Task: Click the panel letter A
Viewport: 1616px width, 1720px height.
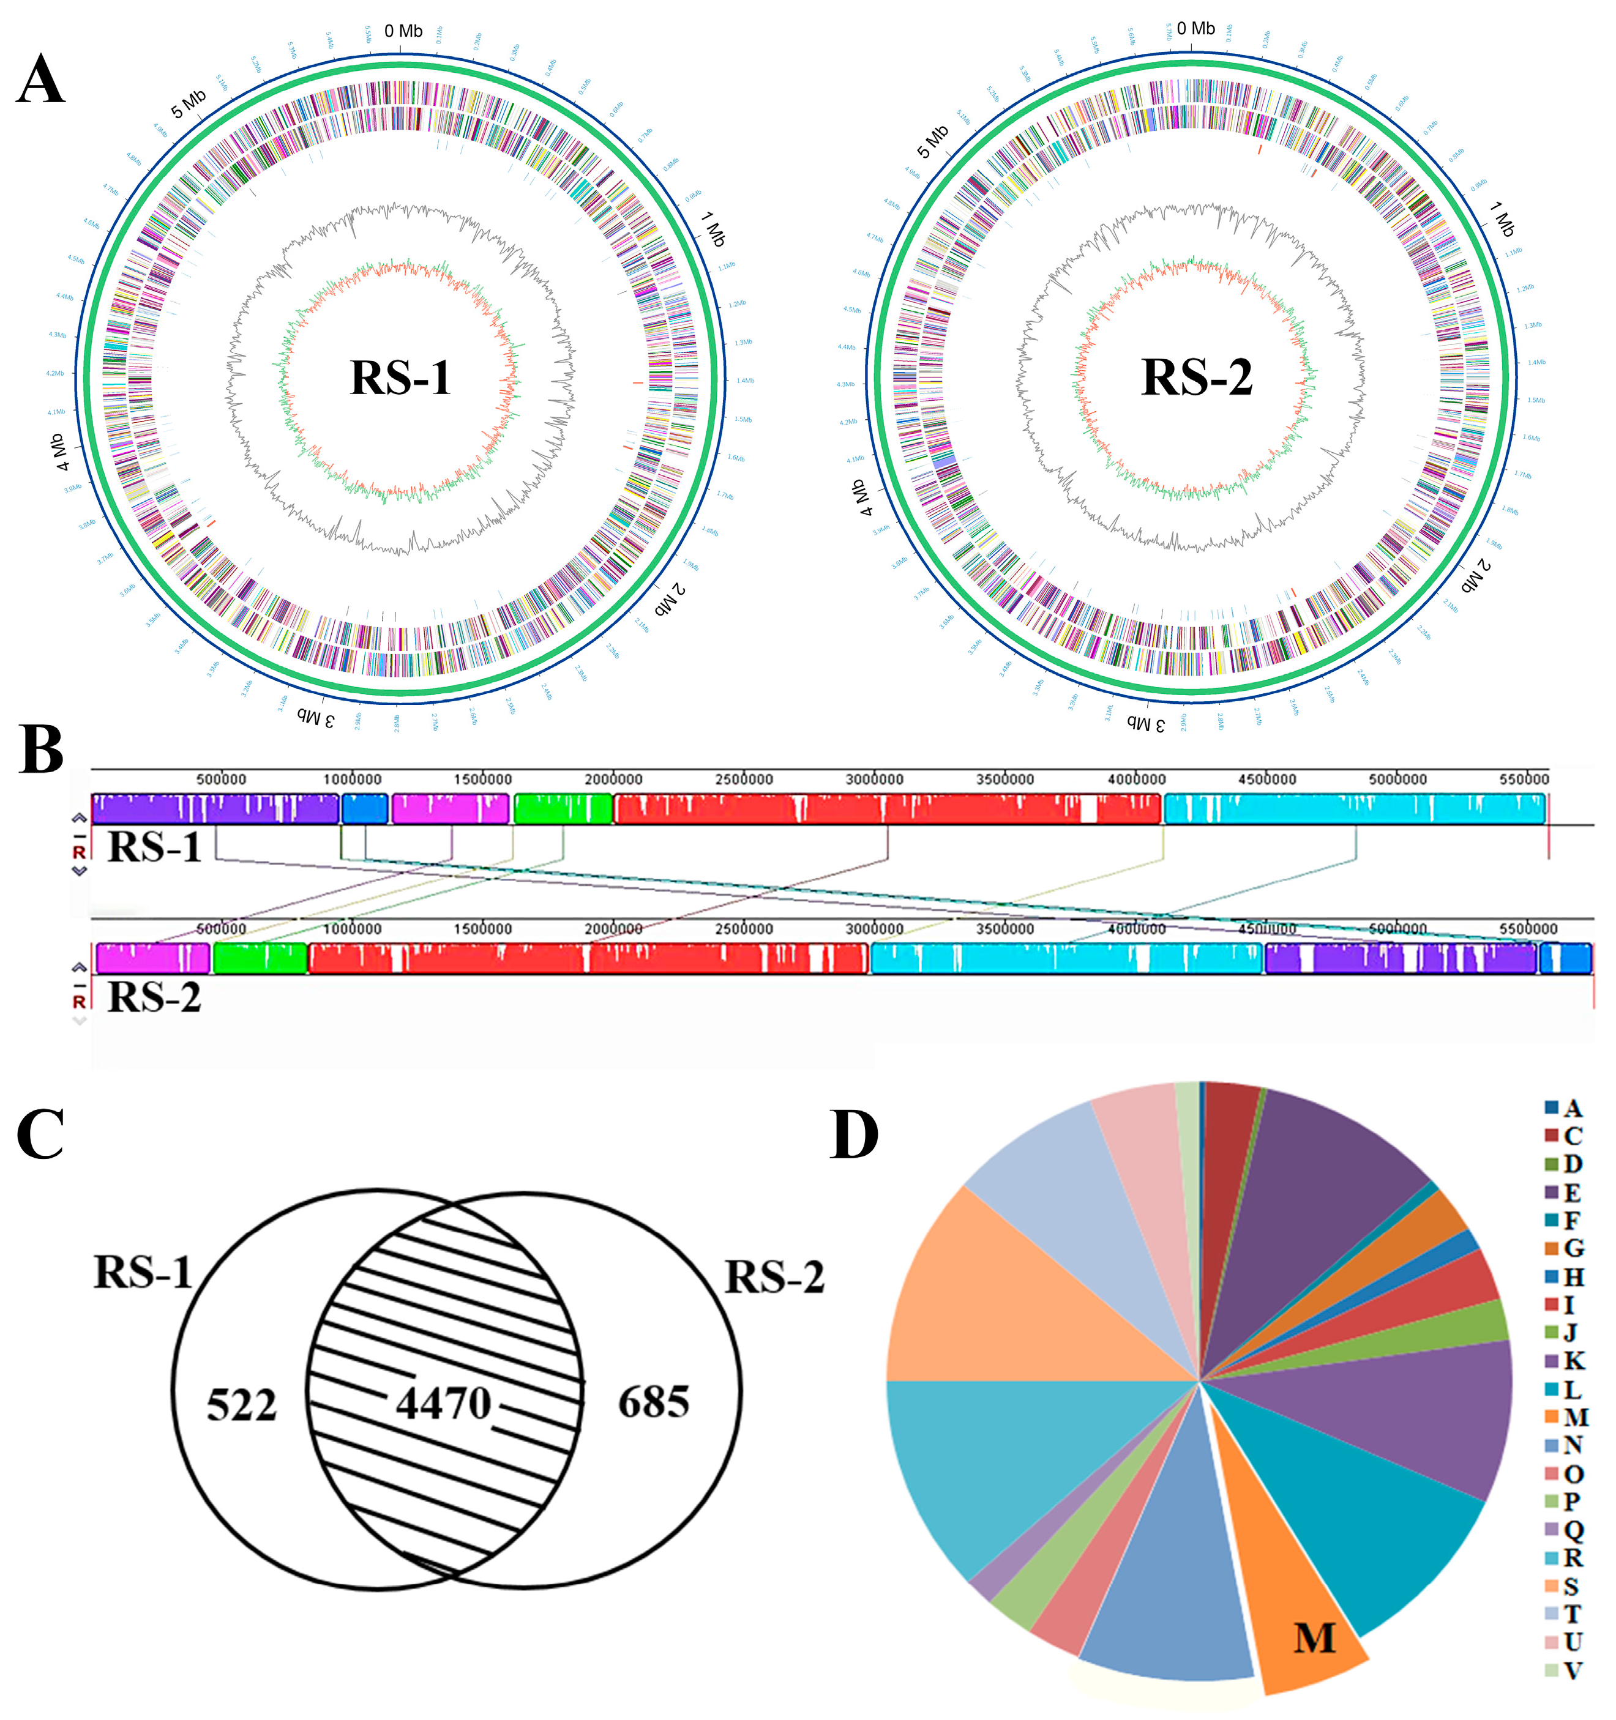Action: [x=40, y=81]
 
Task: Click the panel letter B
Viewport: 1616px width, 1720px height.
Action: [x=40, y=750]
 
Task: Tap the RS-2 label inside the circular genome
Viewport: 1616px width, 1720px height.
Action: [x=1197, y=378]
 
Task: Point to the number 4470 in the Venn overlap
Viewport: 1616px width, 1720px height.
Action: [x=443, y=1402]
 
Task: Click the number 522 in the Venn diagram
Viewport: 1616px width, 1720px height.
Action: [x=241, y=1405]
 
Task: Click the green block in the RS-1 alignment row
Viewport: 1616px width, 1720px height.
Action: [x=563, y=809]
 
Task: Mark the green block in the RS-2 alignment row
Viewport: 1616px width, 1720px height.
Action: [x=260, y=959]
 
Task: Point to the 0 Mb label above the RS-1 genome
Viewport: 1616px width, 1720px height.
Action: [x=403, y=31]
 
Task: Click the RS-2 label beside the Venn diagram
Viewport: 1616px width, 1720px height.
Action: [x=774, y=1278]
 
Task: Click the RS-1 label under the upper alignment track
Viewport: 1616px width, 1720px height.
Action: [x=154, y=847]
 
